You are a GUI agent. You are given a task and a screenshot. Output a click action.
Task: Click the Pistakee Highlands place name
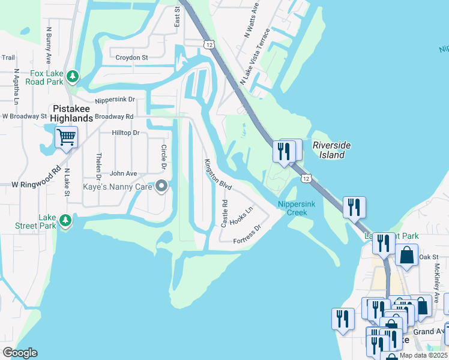click(72, 112)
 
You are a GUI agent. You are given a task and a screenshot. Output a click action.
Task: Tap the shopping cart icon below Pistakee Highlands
click(66, 137)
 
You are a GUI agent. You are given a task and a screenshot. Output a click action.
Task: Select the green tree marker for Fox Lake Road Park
click(73, 76)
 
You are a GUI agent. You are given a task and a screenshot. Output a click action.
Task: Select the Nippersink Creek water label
click(294, 208)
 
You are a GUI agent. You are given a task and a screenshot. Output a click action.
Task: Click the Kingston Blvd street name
click(217, 175)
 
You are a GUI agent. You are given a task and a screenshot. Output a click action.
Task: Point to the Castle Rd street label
click(224, 213)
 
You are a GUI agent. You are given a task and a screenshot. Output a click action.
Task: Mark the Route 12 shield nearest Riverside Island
click(307, 179)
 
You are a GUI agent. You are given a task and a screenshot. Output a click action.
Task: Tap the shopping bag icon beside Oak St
click(406, 254)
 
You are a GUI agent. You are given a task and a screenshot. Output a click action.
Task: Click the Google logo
click(20, 353)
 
